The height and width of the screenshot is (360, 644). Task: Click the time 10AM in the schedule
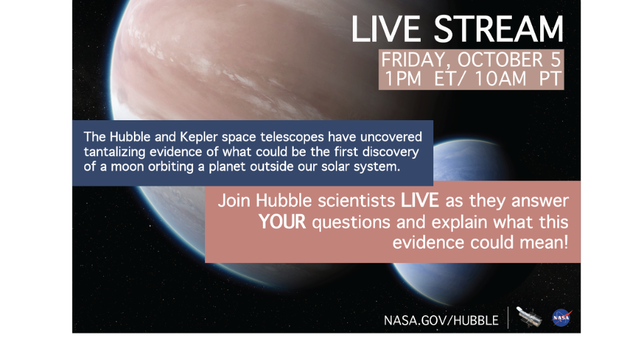[500, 80]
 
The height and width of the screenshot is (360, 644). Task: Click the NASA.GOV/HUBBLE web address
[441, 320]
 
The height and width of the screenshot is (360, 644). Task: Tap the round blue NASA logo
[562, 318]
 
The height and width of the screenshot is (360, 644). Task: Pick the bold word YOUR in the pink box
[282, 222]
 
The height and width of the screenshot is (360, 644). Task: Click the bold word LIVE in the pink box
[421, 201]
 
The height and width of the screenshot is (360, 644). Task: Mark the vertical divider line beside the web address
[508, 318]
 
